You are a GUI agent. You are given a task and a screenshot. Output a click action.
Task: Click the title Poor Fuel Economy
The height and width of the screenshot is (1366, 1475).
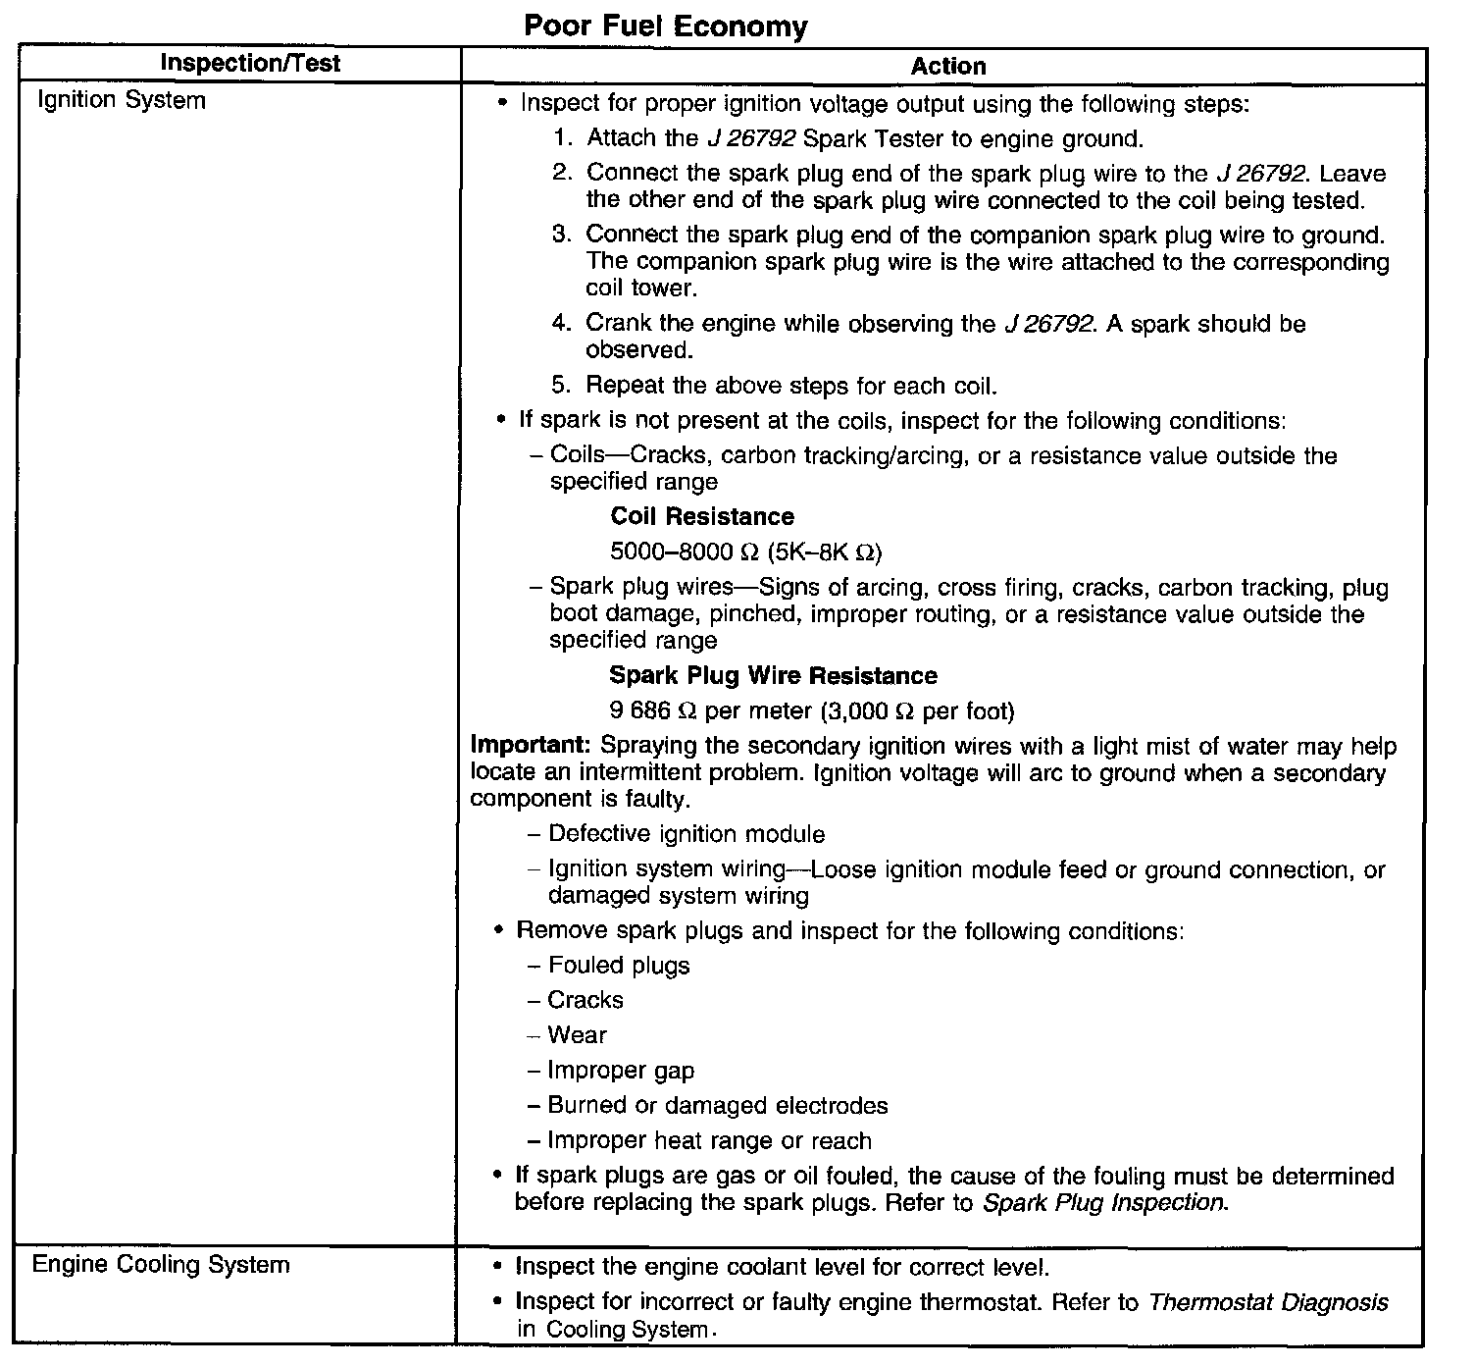click(666, 26)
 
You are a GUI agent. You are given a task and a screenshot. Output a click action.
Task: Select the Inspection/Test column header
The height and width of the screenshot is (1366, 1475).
click(250, 65)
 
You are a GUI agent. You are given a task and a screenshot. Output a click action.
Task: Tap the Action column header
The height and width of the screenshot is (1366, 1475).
click(947, 67)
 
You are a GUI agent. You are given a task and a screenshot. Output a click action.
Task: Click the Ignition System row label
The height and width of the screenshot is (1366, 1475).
click(121, 100)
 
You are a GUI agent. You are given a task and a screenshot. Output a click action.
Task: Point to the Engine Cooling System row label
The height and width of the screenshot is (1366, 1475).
click(161, 1264)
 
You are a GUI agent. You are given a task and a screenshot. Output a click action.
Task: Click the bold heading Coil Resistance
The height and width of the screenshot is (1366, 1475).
click(701, 516)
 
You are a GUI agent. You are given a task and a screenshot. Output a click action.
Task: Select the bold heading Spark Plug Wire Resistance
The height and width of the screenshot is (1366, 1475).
click(773, 675)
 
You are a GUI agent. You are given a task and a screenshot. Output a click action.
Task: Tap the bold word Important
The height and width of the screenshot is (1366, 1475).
click(532, 746)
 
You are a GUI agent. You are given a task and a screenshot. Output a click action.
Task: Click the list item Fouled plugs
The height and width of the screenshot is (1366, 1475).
click(619, 966)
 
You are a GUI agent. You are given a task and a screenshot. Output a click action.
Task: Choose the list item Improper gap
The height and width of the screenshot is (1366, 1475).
click(621, 1071)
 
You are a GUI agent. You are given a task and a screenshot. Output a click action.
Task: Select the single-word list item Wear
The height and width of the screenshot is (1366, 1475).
click(577, 1035)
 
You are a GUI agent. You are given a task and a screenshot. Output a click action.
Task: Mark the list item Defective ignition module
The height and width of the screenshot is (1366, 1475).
click(687, 834)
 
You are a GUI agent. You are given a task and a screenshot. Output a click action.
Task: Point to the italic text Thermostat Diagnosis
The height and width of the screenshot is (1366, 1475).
click(1268, 1302)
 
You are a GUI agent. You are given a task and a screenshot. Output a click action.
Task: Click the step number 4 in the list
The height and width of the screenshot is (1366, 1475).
click(560, 324)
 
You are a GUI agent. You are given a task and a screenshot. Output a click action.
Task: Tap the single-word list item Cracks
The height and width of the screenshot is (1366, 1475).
click(585, 1000)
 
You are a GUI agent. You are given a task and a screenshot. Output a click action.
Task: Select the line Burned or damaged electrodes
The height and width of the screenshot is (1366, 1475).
click(718, 1106)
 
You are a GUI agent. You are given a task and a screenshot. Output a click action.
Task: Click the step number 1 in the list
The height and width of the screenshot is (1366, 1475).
click(562, 138)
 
